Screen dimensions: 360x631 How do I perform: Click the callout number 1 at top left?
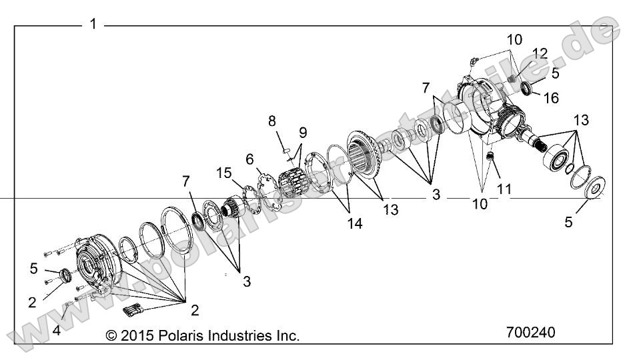pyautogui.click(x=93, y=24)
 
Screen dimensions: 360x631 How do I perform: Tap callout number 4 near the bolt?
pyautogui.click(x=57, y=330)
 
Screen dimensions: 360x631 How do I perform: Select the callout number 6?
pyautogui.click(x=250, y=159)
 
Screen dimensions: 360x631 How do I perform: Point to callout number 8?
pyautogui.click(x=271, y=121)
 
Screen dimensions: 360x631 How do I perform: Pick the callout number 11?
pyautogui.click(x=504, y=189)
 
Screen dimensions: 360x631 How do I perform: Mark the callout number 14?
pyautogui.click(x=354, y=223)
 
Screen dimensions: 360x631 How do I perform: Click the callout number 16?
pyautogui.click(x=551, y=98)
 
